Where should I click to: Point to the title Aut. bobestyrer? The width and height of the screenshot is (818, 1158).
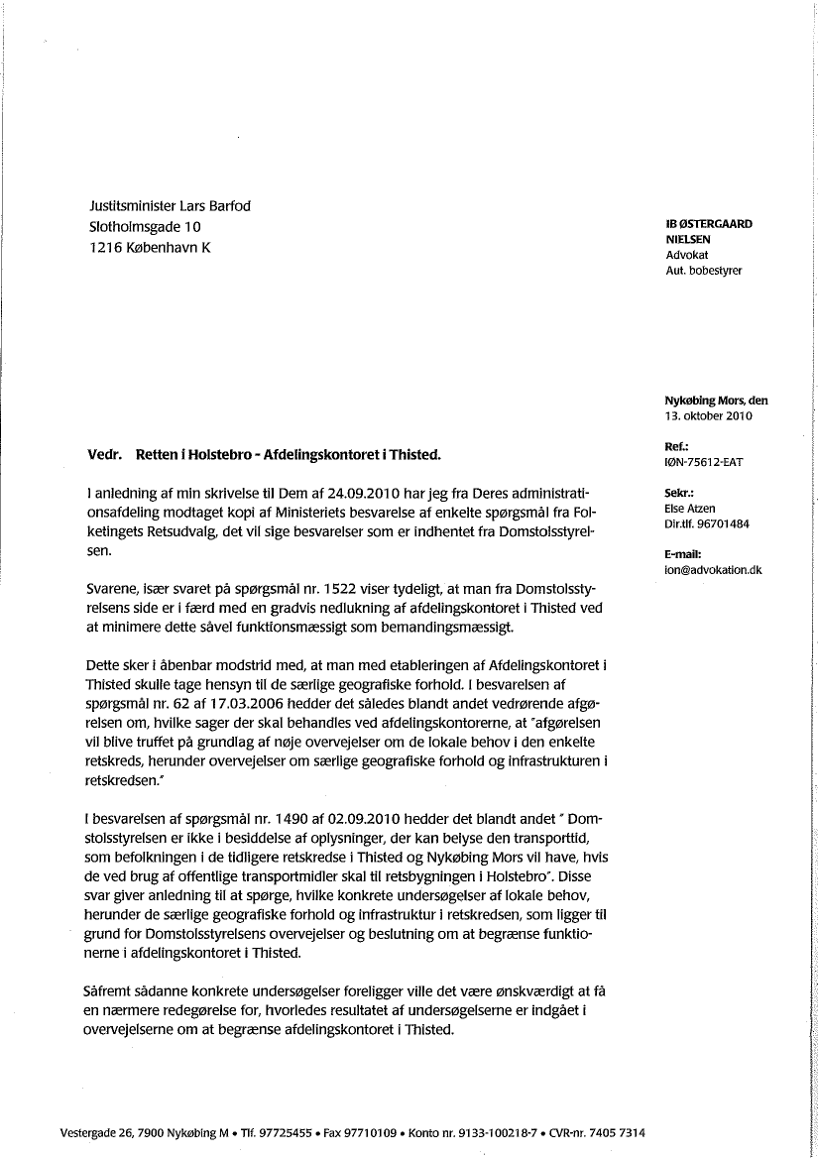(704, 270)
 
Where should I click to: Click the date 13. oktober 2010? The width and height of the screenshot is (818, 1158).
(709, 415)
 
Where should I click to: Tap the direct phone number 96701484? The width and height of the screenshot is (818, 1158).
(725, 522)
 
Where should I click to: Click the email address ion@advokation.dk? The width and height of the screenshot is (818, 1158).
(713, 570)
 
